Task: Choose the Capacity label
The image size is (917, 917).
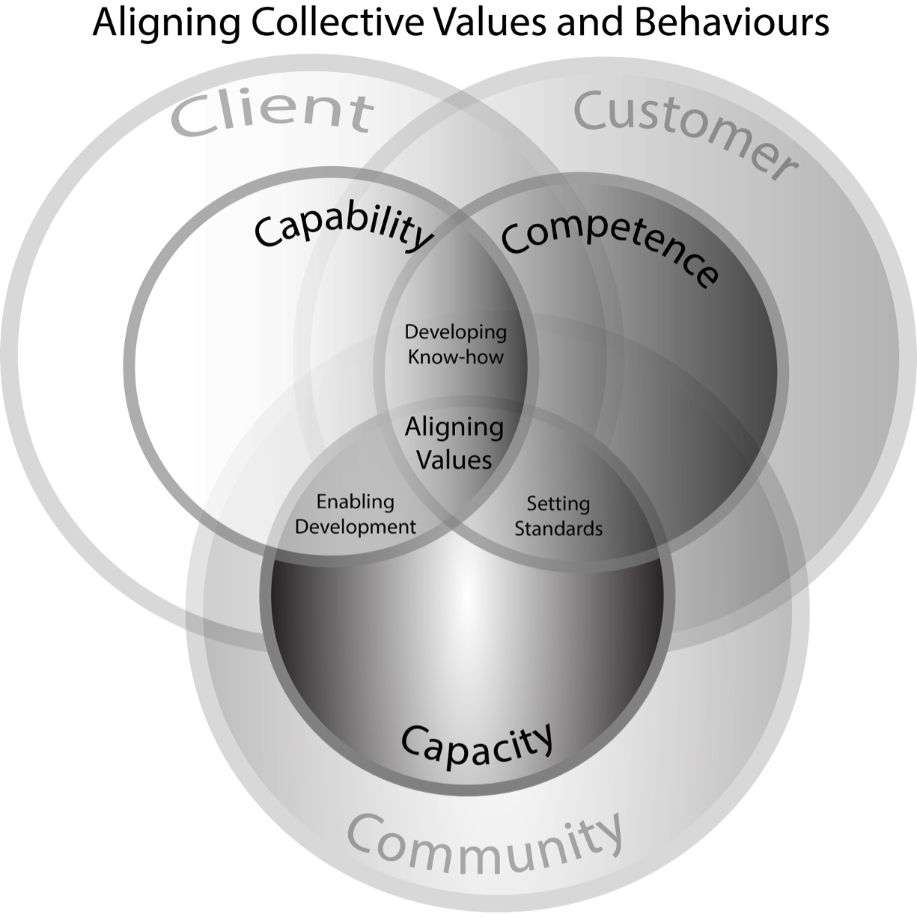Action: (x=478, y=741)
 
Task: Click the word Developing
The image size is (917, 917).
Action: (x=455, y=332)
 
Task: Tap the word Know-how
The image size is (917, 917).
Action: (x=455, y=356)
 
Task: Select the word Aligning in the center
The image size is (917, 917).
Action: (x=454, y=428)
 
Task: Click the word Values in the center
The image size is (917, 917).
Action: (x=454, y=459)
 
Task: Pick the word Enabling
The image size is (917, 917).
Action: (x=355, y=502)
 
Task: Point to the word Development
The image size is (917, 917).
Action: (x=355, y=527)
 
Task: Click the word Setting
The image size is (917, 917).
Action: (x=558, y=504)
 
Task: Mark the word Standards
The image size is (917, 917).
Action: (x=558, y=528)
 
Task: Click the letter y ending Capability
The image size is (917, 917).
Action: (x=422, y=240)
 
